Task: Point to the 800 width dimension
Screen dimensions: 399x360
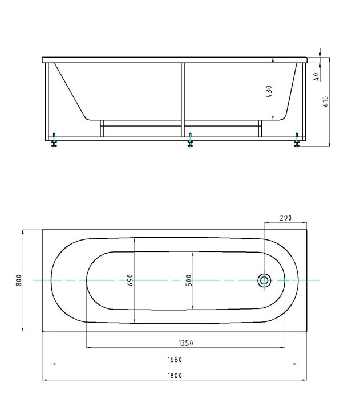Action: coord(19,280)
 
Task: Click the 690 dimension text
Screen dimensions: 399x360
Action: coord(130,280)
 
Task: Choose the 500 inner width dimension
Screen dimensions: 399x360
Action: coord(188,280)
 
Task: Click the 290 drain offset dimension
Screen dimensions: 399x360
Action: coord(286,218)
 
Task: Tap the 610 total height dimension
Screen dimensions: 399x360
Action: coord(326,101)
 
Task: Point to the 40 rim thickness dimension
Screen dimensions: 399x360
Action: coord(315,76)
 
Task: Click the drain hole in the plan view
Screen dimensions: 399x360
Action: coord(264,280)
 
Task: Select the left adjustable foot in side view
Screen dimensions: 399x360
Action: coord(54,141)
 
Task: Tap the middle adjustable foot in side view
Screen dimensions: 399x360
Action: coord(190,141)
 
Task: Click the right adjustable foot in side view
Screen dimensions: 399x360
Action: coord(297,141)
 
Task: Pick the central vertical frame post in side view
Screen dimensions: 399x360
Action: coord(183,100)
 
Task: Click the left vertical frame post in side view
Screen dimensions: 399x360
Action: coord(46,100)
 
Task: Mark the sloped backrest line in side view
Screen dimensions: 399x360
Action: coord(68,91)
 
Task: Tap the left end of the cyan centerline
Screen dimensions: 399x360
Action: coord(34,280)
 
